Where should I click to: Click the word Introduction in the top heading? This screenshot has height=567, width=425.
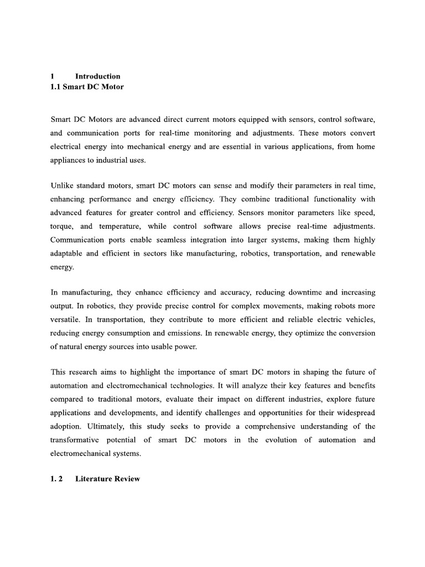97,76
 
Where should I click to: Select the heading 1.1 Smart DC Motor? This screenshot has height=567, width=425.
87,87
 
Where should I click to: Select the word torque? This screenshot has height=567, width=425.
61,226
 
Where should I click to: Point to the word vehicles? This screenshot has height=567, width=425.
358,319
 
